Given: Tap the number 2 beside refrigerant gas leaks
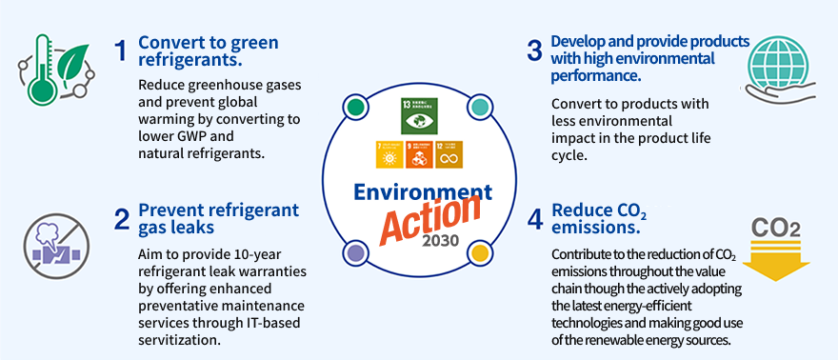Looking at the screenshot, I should pos(121,220).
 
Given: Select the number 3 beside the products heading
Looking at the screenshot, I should pos(534,51).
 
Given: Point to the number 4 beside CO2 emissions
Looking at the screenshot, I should pos(535,220).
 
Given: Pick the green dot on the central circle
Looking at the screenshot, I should pos(354,107).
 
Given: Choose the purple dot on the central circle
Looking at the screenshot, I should pos(354,252).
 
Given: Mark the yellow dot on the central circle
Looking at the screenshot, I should pos(479,252).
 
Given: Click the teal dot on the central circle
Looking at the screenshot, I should pos(479,107).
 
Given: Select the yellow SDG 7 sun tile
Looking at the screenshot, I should pos(388,154).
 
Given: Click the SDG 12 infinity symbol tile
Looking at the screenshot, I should pos(448,154).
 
